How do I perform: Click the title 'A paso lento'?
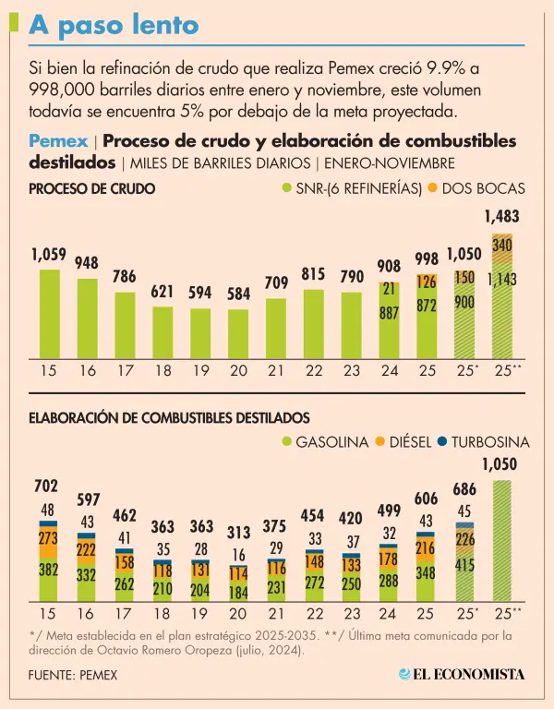tap(114, 25)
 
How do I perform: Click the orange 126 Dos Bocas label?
tap(427, 282)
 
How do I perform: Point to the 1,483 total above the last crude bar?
tap(501, 217)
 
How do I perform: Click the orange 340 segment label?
tap(502, 246)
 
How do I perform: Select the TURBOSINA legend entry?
tap(485, 442)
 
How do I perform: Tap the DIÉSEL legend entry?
tap(405, 442)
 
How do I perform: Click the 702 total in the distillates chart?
tap(47, 486)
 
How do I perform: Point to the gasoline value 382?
tap(48, 571)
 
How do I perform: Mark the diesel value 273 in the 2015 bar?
tap(48, 537)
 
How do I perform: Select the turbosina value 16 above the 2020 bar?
tap(238, 555)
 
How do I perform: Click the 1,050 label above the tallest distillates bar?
tap(501, 464)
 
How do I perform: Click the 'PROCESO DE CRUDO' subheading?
tap(91, 188)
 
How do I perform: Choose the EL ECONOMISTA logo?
tap(461, 675)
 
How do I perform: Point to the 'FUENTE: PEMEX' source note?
tap(73, 675)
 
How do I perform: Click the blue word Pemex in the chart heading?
tap(59, 141)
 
